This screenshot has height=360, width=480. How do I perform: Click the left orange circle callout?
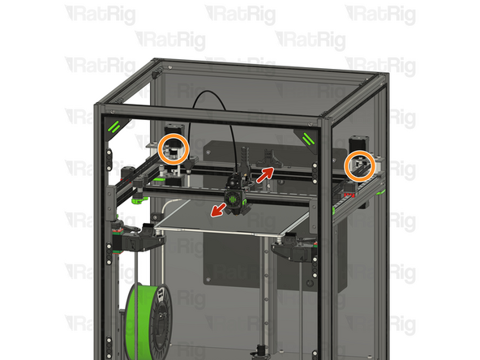point(159,149)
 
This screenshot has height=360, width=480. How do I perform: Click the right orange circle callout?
point(345,166)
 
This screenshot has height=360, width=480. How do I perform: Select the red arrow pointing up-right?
point(265,175)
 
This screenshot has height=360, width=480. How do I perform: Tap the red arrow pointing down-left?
point(218,211)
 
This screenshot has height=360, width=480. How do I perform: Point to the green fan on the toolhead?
point(233,199)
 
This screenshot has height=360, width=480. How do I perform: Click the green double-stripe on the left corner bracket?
point(114,126)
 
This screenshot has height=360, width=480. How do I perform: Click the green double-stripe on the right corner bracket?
point(308,139)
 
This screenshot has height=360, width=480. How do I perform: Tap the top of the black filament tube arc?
point(208,91)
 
